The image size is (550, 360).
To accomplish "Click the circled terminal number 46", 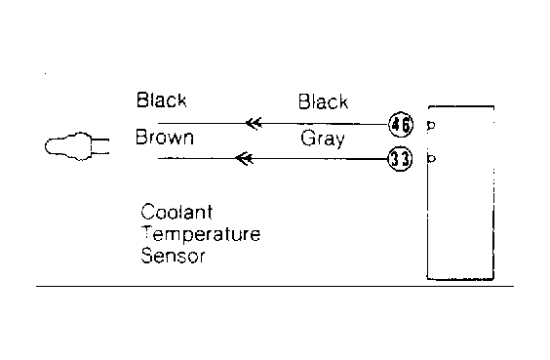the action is click(x=401, y=124).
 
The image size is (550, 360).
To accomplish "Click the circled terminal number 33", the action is click(x=400, y=159).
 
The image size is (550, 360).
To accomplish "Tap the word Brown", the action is click(x=165, y=138).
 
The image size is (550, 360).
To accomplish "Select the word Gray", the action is click(x=323, y=139).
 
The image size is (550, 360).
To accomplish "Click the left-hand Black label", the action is click(x=161, y=100).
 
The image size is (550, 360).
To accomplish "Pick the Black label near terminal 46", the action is click(x=323, y=101).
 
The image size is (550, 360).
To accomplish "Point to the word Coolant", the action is click(x=177, y=212).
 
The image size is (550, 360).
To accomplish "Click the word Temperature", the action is click(x=201, y=234).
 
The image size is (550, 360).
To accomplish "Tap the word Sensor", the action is click(x=173, y=256).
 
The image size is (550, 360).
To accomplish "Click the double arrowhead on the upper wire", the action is click(x=254, y=124).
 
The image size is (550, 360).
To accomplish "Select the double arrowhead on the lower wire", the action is click(x=244, y=159).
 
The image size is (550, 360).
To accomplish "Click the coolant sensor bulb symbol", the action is click(x=68, y=146).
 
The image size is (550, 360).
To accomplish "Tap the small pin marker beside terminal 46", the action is click(x=431, y=125).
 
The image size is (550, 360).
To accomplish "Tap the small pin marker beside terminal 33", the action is click(x=431, y=159).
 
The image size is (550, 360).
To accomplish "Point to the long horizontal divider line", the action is click(x=275, y=286).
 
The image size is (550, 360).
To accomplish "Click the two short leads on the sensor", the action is click(x=100, y=146).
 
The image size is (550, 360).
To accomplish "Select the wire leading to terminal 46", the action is click(x=273, y=124).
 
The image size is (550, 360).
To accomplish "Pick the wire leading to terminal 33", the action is click(x=273, y=159).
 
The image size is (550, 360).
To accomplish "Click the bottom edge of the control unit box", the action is click(x=460, y=279).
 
